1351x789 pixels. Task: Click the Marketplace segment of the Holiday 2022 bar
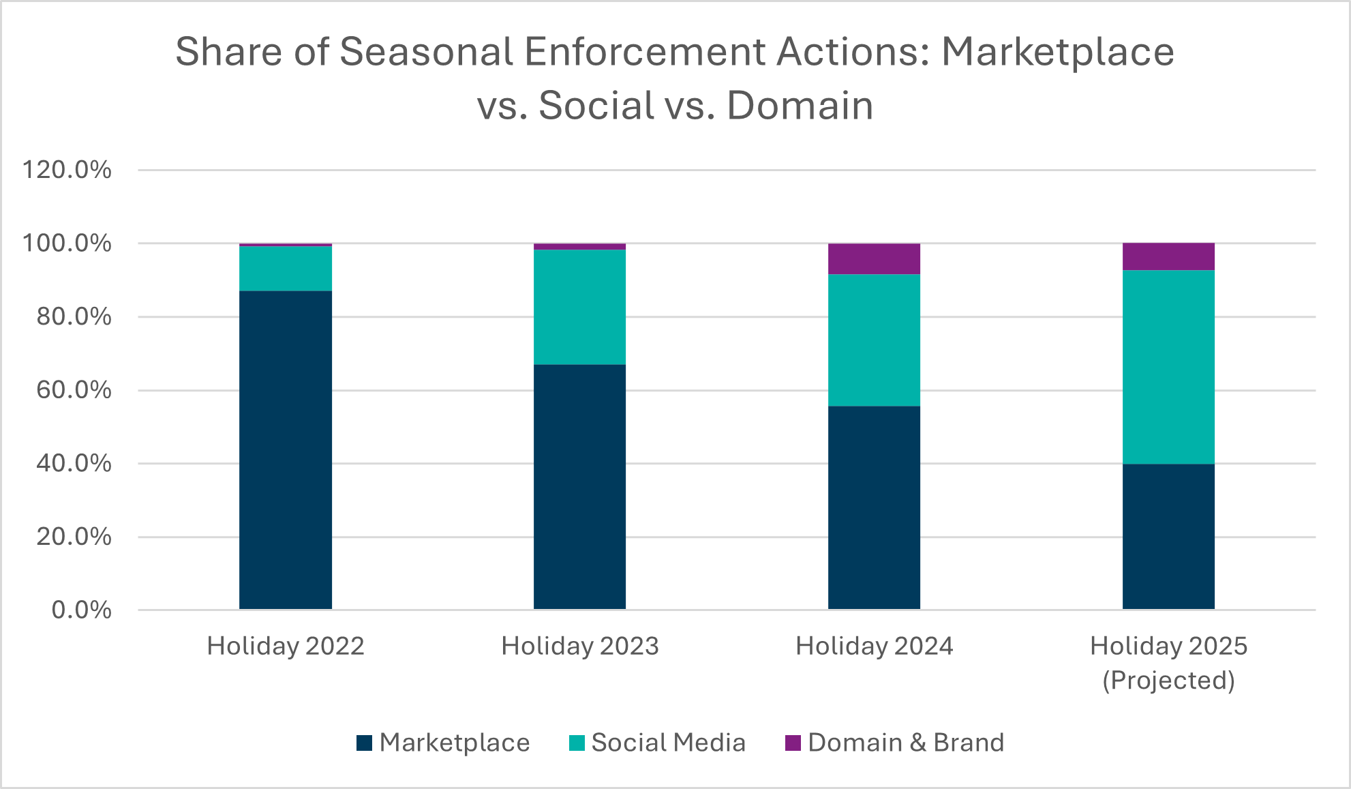pos(286,450)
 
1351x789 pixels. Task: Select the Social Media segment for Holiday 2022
pos(286,269)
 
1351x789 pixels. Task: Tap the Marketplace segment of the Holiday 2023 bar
pos(579,487)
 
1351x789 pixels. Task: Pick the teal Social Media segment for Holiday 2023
pos(579,307)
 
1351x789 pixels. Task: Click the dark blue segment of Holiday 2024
pos(874,507)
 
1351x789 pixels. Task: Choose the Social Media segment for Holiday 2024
pos(874,340)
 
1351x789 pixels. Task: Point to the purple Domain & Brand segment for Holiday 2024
pos(874,259)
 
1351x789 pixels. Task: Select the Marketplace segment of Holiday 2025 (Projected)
pos(1168,537)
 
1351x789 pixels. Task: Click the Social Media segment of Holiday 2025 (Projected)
pos(1168,367)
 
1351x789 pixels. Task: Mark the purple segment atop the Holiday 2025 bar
pos(1168,257)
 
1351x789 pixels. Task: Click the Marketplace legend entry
pos(443,743)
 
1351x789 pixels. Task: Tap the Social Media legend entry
pos(658,743)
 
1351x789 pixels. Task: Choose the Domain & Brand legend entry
pos(895,743)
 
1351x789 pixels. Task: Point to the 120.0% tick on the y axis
pos(67,170)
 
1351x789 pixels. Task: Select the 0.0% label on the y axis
pos(81,610)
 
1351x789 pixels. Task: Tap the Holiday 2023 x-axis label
pos(579,646)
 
